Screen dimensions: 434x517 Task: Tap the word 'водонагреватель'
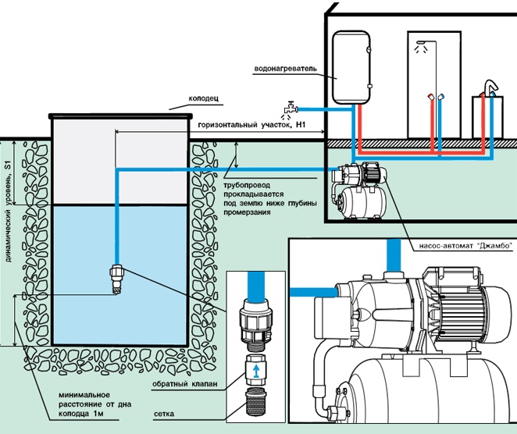click(284, 68)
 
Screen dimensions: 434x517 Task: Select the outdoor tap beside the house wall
click(290, 107)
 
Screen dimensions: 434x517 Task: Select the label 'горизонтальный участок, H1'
click(250, 124)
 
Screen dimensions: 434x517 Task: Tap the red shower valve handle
click(430, 98)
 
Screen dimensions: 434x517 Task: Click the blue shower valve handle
click(443, 98)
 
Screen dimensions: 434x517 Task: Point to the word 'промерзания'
click(248, 212)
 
